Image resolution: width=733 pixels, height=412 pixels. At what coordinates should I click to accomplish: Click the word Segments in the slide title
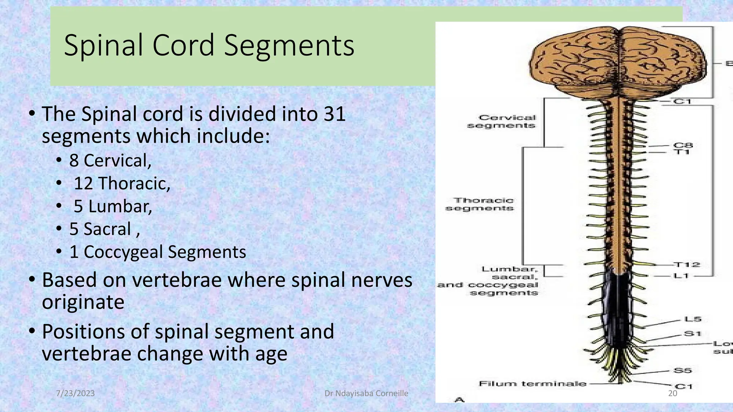point(289,45)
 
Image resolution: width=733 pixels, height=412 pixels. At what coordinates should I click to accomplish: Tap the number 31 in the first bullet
point(334,114)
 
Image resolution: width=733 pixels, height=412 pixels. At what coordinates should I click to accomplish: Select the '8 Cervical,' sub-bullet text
point(110,161)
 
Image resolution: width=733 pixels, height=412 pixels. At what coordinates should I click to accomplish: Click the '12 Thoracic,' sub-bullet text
point(122,183)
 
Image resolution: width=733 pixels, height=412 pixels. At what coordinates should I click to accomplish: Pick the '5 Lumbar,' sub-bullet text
point(113,206)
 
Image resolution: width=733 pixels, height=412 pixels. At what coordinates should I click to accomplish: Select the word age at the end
point(271,354)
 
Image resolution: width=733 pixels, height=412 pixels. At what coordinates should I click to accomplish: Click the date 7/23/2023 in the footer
point(76,393)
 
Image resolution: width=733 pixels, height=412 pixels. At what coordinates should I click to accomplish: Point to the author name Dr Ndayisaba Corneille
point(366,393)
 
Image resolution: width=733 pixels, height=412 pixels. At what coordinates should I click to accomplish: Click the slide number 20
point(673,393)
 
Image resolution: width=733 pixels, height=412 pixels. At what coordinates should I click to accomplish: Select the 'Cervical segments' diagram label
point(502,122)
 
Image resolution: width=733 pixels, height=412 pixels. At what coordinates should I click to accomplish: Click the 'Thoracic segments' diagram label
point(480,204)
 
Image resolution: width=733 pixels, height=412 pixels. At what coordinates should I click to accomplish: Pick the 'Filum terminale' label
point(533,384)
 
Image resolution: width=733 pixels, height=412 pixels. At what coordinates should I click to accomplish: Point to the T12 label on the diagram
point(687,265)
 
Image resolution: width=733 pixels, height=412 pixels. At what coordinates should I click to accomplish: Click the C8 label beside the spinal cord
point(683,145)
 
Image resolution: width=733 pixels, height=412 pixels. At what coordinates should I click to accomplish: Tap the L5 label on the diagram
point(693,319)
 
